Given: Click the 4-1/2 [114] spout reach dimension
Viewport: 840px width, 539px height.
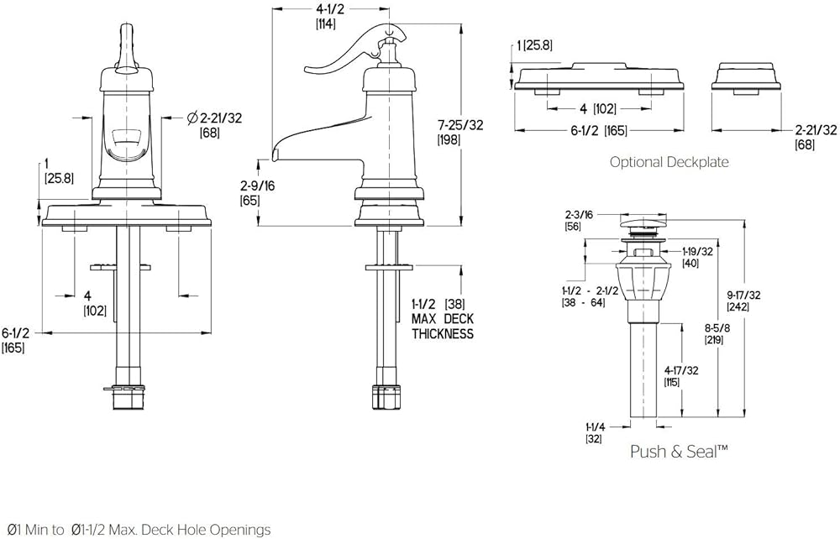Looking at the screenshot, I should (327, 17).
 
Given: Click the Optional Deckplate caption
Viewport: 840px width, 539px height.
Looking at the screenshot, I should (669, 162).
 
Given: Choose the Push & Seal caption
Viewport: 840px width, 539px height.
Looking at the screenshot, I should (679, 452).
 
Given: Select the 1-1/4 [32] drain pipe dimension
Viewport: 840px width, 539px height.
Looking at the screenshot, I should (594, 432).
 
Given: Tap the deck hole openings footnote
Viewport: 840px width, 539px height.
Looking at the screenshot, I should (136, 529).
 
